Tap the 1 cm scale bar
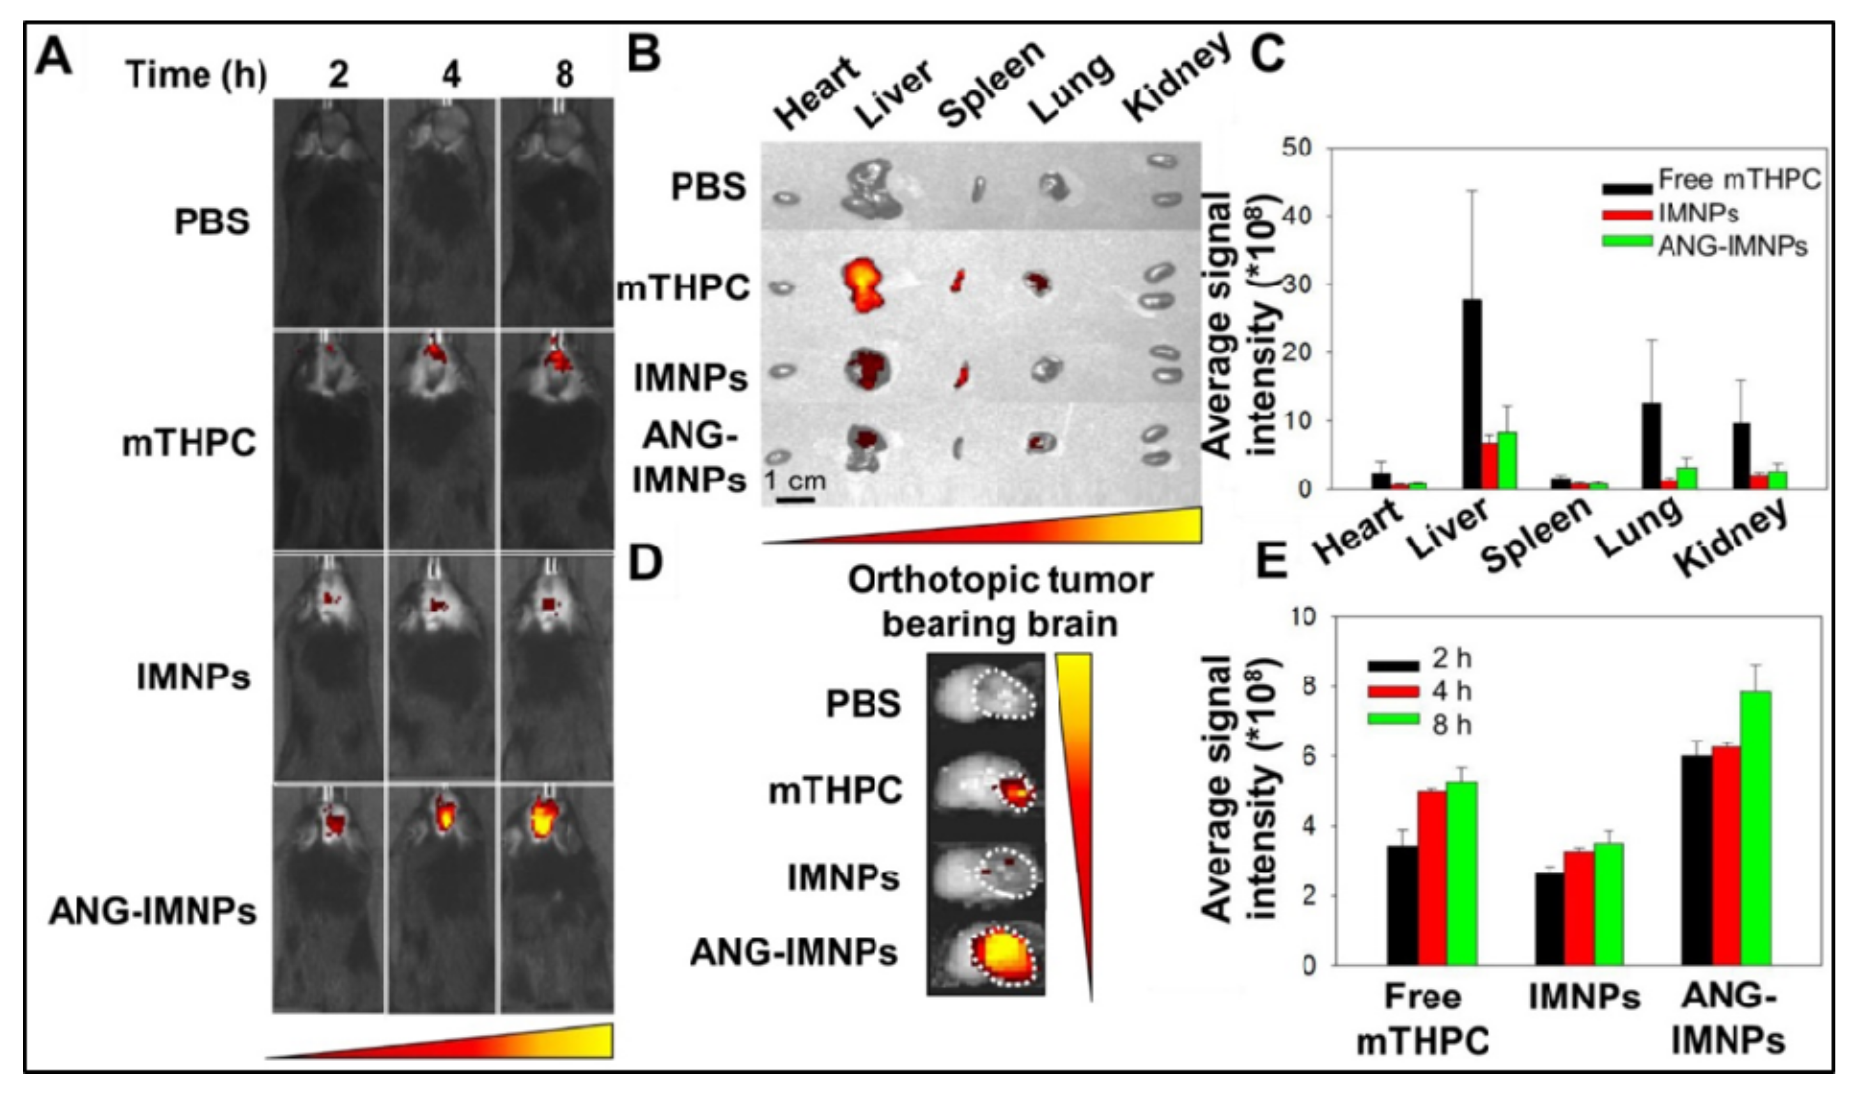794,500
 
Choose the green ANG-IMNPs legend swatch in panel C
1626,243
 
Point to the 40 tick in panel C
1311,216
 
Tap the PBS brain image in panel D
986,695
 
